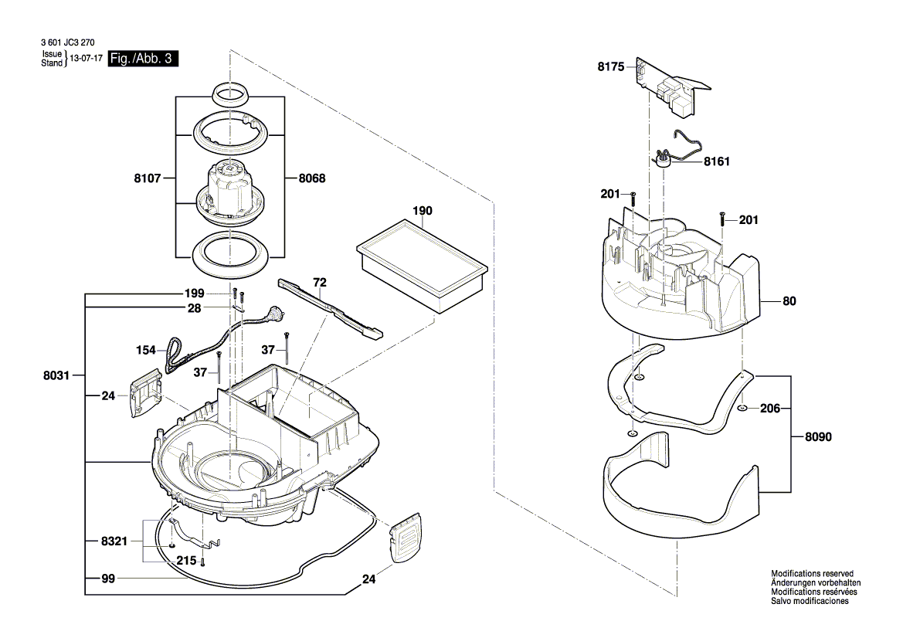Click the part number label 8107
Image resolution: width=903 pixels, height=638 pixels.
146,178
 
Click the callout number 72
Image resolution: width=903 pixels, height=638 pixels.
319,282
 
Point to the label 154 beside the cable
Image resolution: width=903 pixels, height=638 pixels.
146,350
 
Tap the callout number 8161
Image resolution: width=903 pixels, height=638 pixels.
717,163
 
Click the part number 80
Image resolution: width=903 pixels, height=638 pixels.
788,302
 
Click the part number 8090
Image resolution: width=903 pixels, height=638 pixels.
818,436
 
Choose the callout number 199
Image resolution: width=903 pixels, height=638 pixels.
195,294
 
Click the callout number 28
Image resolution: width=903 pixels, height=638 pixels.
195,308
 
